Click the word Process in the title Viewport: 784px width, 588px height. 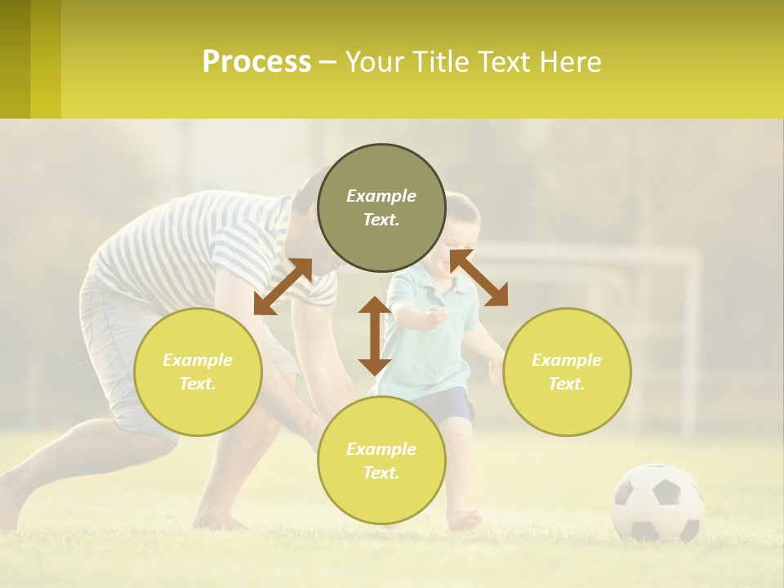pyautogui.click(x=256, y=62)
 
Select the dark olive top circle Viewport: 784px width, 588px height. pyautogui.click(x=381, y=207)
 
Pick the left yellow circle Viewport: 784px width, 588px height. pyautogui.click(x=198, y=372)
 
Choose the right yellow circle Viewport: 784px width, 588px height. pyautogui.click(x=567, y=372)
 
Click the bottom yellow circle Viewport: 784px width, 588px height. pyautogui.click(x=381, y=461)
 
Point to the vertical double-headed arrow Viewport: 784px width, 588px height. pyautogui.click(x=374, y=336)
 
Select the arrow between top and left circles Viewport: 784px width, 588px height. pyautogui.click(x=283, y=286)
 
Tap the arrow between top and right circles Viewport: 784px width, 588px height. pyautogui.click(x=479, y=278)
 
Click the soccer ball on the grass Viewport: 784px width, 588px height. pyautogui.click(x=657, y=502)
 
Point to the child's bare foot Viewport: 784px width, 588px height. pyautogui.click(x=464, y=518)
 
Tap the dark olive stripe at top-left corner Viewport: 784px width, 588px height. pyautogui.click(x=15, y=59)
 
